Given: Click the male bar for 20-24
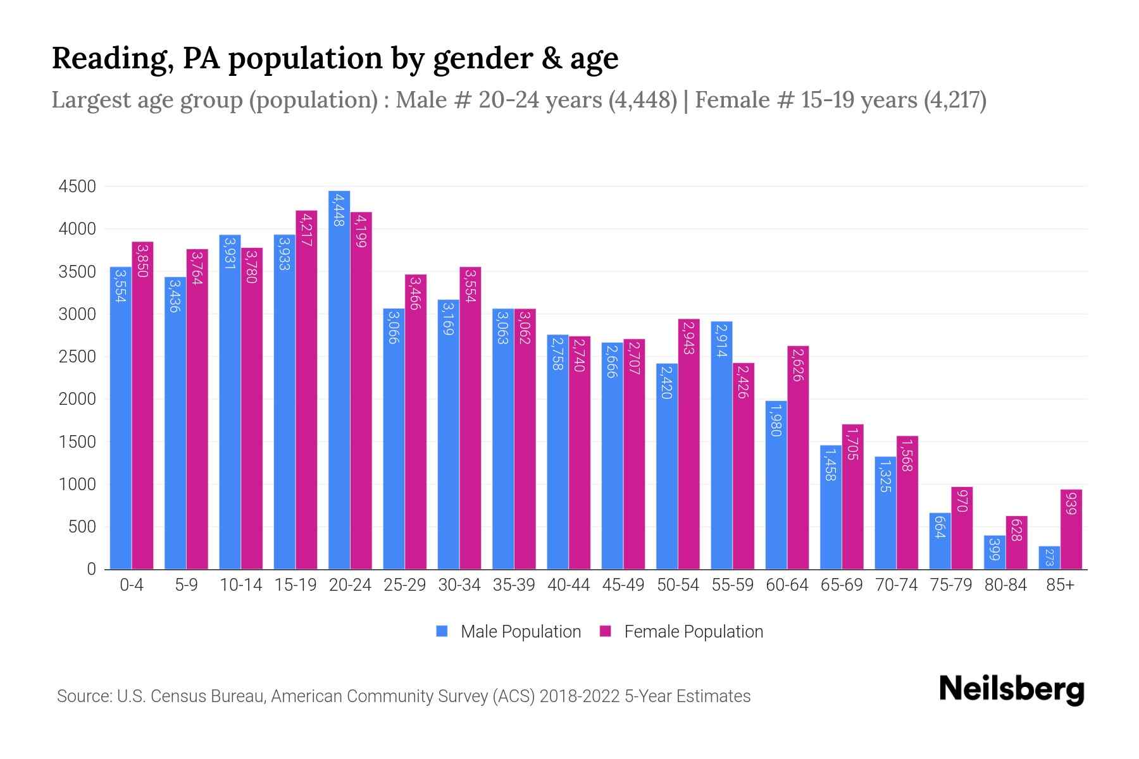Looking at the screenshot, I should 339,379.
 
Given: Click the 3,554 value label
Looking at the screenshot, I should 120,285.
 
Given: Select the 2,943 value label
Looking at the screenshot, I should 688,337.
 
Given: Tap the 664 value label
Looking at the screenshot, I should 940,527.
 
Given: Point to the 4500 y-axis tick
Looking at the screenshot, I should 77,187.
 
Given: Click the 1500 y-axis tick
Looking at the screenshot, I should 77,442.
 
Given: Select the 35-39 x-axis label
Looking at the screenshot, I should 514,585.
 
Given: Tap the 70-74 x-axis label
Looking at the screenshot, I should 896,585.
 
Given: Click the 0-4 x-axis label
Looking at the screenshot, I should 132,585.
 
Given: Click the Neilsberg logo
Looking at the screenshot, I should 1011,689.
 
